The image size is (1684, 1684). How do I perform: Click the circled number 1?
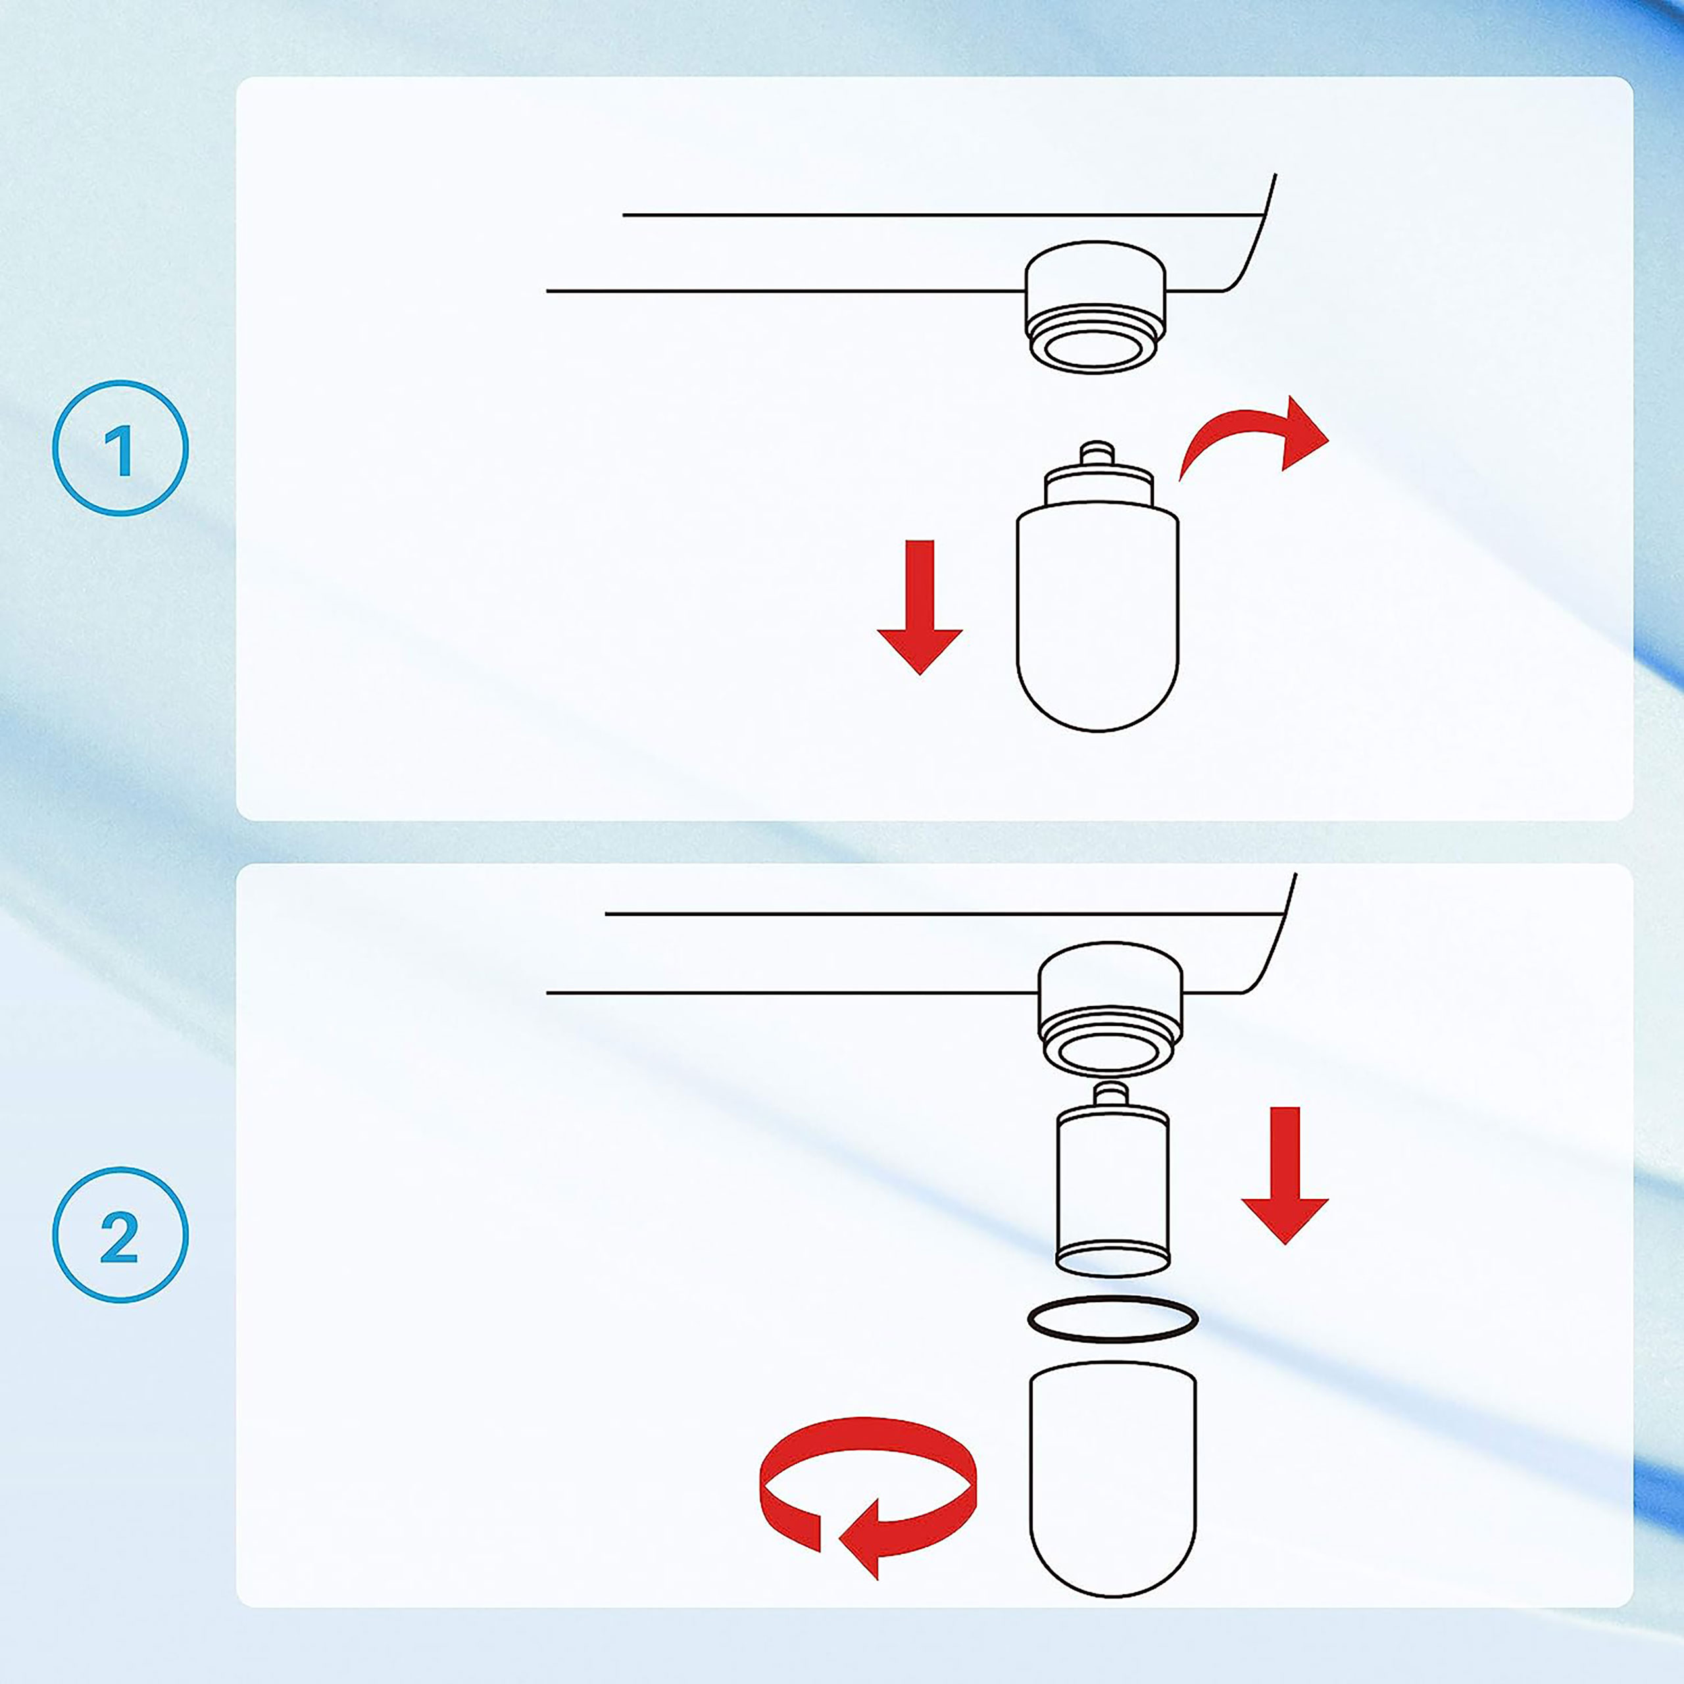coord(120,448)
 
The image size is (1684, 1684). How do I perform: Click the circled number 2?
coord(120,1235)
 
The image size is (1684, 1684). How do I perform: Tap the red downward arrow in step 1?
coord(920,608)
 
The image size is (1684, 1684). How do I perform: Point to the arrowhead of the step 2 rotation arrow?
coord(860,1539)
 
